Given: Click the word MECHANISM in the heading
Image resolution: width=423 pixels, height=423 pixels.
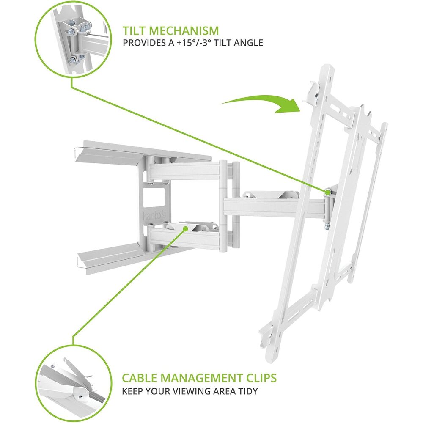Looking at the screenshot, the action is click(x=184, y=31).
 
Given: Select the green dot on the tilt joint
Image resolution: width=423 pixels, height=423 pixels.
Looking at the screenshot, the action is click(x=328, y=192).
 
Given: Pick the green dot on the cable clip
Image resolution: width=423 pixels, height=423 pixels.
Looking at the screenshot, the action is click(x=185, y=228).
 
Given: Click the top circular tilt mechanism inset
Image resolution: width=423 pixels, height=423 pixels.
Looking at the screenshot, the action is click(x=73, y=39).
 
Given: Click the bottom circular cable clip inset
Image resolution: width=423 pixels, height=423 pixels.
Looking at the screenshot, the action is click(x=73, y=383).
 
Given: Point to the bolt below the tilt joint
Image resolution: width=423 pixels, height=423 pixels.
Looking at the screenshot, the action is click(x=327, y=227).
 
